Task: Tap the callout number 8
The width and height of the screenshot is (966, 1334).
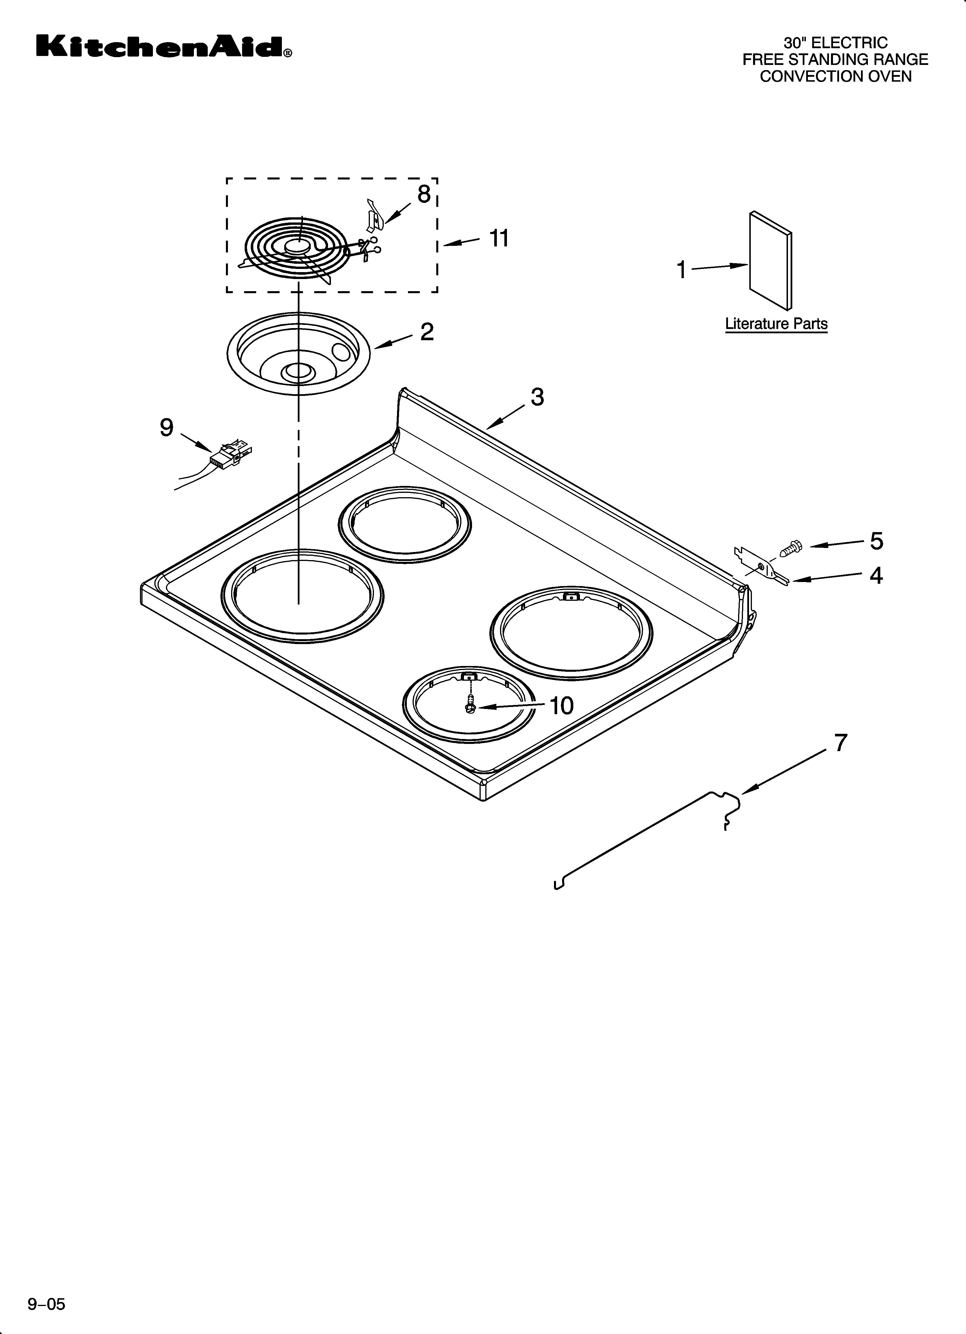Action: pyautogui.click(x=424, y=194)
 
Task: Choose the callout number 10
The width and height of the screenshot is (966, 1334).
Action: pyautogui.click(x=561, y=705)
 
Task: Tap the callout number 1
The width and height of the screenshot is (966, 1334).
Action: pyautogui.click(x=681, y=270)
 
